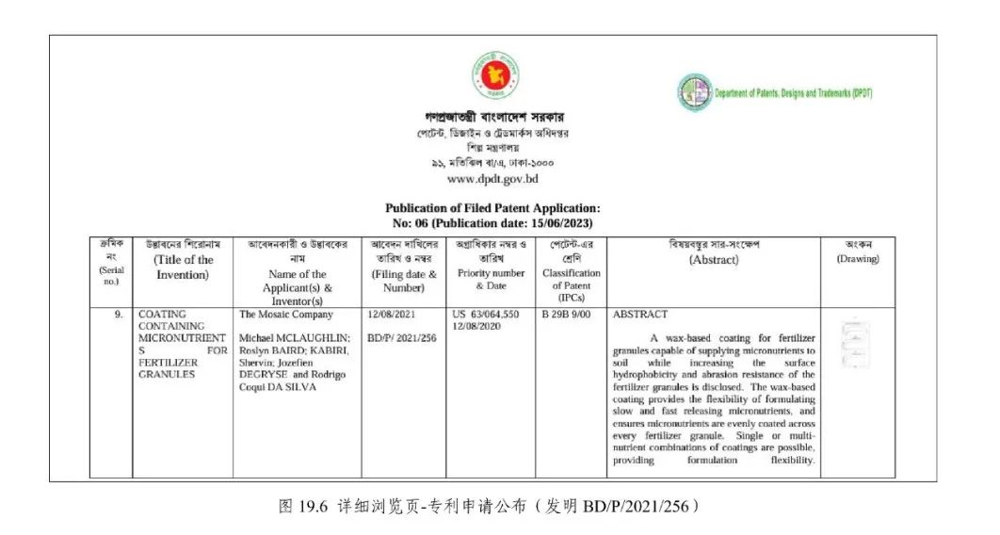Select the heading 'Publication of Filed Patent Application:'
[492, 208]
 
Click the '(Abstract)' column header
[714, 260]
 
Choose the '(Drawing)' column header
[857, 259]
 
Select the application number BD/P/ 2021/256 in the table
[402, 337]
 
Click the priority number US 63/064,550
[485, 315]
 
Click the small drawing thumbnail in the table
[856, 338]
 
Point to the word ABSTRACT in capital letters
[640, 315]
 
